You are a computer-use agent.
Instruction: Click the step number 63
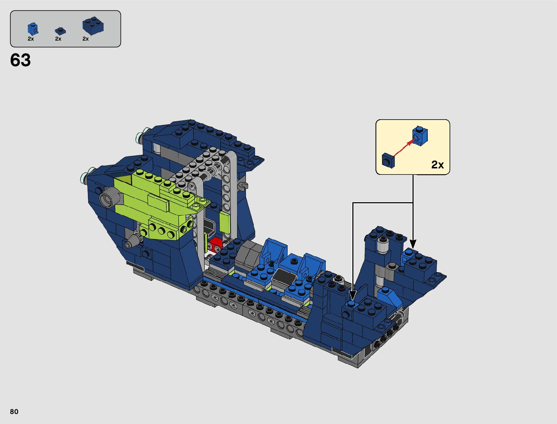pyautogui.click(x=20, y=60)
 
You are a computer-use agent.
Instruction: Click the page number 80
pyautogui.click(x=14, y=412)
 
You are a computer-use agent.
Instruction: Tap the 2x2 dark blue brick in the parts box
pyautogui.click(x=93, y=26)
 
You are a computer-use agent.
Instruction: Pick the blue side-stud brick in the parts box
pyautogui.click(x=33, y=29)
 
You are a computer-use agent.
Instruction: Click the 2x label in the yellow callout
pyautogui.click(x=437, y=165)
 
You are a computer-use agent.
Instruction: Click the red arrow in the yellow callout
pyautogui.click(x=404, y=148)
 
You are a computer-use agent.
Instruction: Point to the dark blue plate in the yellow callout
pyautogui.click(x=388, y=161)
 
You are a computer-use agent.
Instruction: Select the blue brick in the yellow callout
pyautogui.click(x=420, y=136)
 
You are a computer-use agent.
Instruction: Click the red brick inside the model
pyautogui.click(x=215, y=244)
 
